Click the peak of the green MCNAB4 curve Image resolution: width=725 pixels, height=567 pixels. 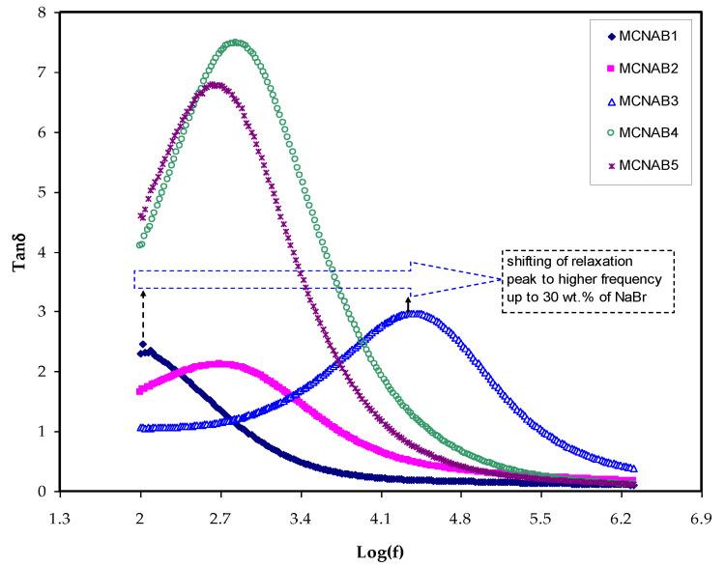[x=235, y=43]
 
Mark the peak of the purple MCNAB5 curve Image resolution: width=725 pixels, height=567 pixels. [x=216, y=85]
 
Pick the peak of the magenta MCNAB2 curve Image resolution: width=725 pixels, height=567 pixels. [x=220, y=364]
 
